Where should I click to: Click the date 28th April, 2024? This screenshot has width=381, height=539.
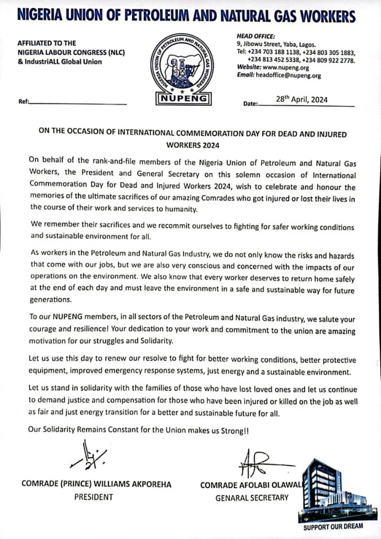(x=302, y=99)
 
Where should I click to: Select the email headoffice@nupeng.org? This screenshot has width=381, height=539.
(x=288, y=76)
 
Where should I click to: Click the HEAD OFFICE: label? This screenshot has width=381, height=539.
(x=256, y=36)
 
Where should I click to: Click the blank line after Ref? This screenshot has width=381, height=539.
(x=79, y=103)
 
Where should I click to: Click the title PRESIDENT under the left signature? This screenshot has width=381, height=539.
(x=93, y=497)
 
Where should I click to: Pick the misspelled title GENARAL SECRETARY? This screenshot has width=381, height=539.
(x=252, y=498)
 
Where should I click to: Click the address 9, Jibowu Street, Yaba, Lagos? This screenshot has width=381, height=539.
(x=276, y=44)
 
